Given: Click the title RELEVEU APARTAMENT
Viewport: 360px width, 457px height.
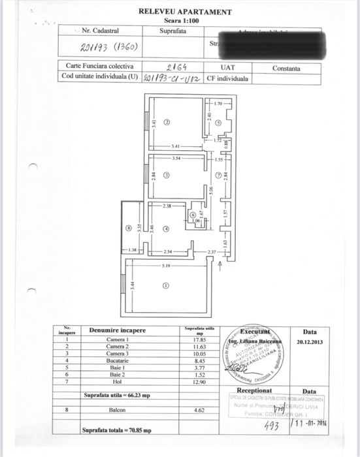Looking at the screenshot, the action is click(x=184, y=11).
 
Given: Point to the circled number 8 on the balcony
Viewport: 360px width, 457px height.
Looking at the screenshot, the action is click(x=128, y=228).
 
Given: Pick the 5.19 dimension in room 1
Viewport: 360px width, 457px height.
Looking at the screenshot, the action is click(x=165, y=266).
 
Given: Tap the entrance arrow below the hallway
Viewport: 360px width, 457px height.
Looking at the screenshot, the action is click(x=220, y=263).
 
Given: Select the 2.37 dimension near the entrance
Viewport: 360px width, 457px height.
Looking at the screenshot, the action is click(x=212, y=252).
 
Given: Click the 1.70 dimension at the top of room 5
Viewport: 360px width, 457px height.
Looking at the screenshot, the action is click(x=220, y=103).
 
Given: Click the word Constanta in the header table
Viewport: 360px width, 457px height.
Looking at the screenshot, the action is click(x=287, y=68).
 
